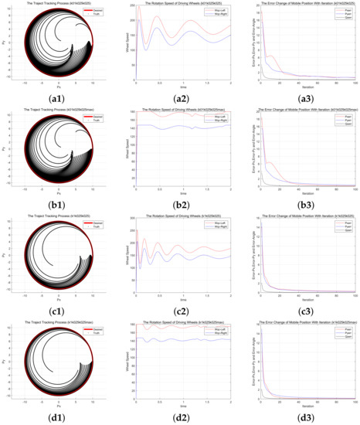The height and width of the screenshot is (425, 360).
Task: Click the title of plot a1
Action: coord(57,4)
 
